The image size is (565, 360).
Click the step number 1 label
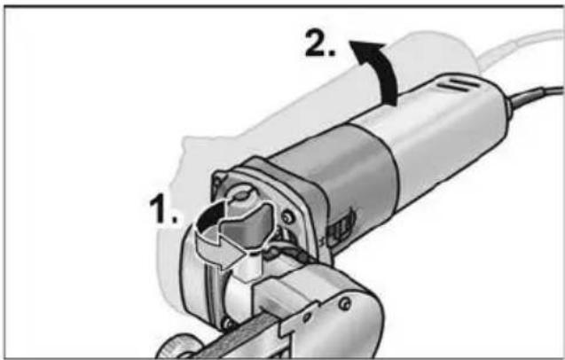tap(164, 209)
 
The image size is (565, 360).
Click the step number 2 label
tap(320, 43)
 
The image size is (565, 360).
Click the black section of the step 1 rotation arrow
tap(211, 216)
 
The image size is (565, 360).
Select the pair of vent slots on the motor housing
tap(462, 85)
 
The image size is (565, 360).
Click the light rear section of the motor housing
tap(451, 133)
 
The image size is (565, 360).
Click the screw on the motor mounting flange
tap(287, 217)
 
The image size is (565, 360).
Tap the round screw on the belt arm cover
tap(344, 303)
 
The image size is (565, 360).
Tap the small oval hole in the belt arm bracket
tap(307, 317)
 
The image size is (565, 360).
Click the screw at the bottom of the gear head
tap(228, 322)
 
